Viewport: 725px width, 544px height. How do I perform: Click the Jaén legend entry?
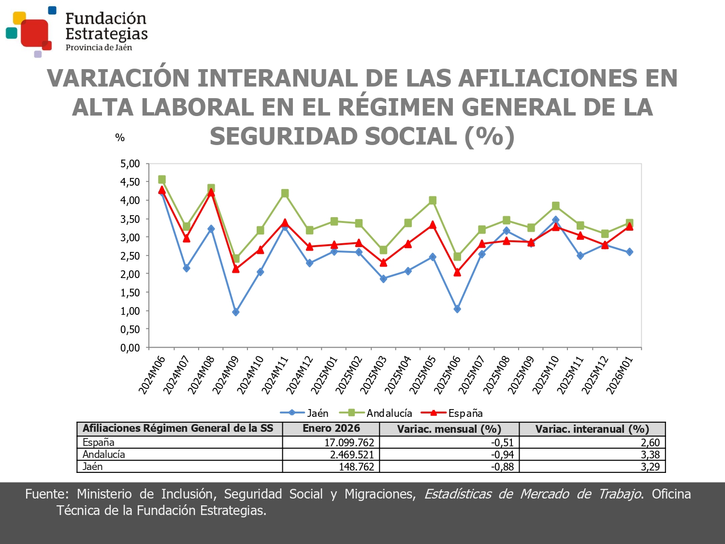coord(304,413)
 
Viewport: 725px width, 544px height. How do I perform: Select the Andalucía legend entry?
coord(376,413)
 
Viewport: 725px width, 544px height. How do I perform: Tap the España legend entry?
coord(452,413)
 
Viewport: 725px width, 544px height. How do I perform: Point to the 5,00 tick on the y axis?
coord(130,164)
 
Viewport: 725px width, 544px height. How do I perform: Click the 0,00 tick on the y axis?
coord(130,348)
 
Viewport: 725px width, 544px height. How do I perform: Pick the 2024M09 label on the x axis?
coord(226,375)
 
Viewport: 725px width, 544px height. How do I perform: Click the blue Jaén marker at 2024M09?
coord(236,312)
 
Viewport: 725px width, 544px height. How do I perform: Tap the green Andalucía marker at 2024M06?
coord(162,179)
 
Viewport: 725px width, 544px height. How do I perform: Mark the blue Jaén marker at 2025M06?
coord(457,309)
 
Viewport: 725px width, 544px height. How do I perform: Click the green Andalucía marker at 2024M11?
coord(285,193)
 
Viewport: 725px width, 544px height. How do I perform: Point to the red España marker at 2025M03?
coord(383,263)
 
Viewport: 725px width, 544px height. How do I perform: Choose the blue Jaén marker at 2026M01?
coord(629,252)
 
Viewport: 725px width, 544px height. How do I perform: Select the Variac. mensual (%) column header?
coord(449,429)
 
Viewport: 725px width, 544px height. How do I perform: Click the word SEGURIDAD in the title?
coord(284,136)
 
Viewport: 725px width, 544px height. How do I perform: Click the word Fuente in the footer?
coord(47,494)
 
